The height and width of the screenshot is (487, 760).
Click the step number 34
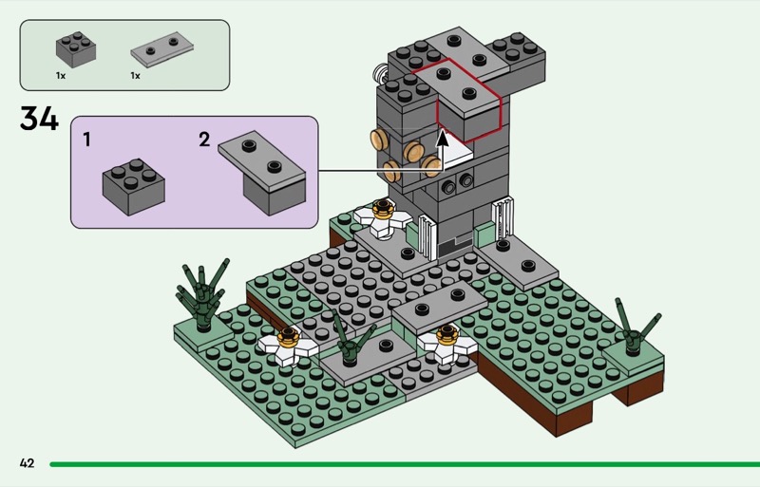(39, 119)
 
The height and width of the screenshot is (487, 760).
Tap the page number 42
(28, 463)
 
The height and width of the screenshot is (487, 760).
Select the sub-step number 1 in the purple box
(86, 140)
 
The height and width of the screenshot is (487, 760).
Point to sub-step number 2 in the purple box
(204, 140)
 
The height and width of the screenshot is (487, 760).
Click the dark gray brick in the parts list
(76, 49)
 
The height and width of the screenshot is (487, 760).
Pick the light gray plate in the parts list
(161, 48)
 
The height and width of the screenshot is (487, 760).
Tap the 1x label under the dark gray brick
(61, 76)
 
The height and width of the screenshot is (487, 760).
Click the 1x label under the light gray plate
(135, 76)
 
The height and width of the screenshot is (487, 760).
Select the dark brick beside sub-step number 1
(133, 187)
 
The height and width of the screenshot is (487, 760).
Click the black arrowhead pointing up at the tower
(442, 138)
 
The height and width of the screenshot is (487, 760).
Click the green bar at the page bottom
(405, 464)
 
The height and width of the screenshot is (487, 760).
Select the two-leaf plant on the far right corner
(634, 328)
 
